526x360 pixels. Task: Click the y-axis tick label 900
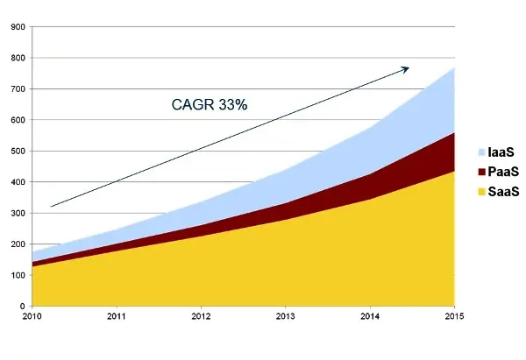(x=16, y=27)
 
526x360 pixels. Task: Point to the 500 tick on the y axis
(x=16, y=151)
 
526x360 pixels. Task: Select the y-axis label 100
(x=16, y=275)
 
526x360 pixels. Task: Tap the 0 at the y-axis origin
(x=21, y=306)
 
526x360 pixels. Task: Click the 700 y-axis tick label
(x=16, y=89)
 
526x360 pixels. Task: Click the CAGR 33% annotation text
(x=209, y=105)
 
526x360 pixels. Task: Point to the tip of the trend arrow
(x=409, y=67)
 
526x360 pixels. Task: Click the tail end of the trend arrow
(x=51, y=207)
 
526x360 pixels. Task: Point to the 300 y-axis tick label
(x=16, y=213)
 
